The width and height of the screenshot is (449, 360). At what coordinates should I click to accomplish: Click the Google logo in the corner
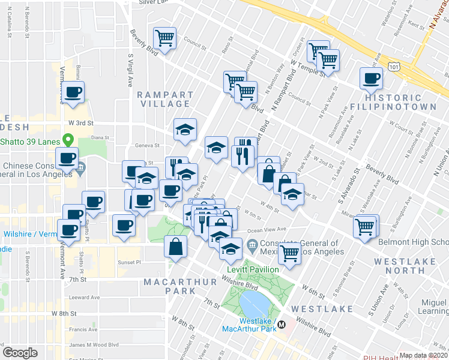20,353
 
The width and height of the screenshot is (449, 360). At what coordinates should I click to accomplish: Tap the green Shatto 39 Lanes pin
69,140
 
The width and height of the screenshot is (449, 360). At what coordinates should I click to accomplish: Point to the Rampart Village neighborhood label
165,99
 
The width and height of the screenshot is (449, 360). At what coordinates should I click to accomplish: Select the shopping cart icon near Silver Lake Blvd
164,38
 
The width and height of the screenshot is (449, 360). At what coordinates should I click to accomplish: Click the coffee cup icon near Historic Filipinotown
371,77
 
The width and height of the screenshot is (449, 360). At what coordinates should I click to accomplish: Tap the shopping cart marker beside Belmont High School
364,227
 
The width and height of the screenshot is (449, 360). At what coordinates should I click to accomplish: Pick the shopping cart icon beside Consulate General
290,253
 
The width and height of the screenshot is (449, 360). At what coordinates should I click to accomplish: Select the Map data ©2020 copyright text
423,355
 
